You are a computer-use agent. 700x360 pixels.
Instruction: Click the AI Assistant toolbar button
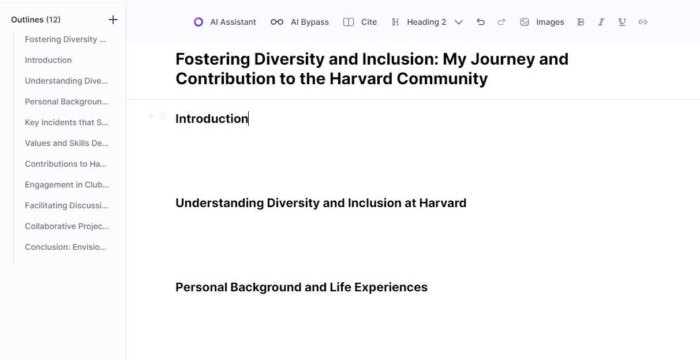[x=224, y=22]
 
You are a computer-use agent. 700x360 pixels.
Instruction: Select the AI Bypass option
[x=300, y=22]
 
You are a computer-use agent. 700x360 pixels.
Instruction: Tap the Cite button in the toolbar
[x=360, y=22]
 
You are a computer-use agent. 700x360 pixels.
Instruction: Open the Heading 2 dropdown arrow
[x=458, y=22]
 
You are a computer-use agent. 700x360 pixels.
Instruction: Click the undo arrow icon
[x=481, y=22]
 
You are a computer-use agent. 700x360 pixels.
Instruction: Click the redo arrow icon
[x=501, y=22]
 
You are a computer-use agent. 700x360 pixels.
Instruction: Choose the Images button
[x=542, y=22]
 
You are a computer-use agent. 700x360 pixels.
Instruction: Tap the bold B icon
[x=581, y=22]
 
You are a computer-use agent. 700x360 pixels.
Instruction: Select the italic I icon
[x=601, y=22]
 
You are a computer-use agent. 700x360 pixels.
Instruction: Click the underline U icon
[x=622, y=22]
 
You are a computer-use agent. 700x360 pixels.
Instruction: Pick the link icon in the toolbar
[x=642, y=22]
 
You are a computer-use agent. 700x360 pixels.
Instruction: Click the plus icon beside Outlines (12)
[x=113, y=20]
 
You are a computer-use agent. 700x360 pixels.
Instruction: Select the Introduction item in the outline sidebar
[x=48, y=60]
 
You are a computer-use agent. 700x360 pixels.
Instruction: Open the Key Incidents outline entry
[x=66, y=122]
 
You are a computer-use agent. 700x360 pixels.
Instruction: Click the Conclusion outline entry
[x=66, y=247]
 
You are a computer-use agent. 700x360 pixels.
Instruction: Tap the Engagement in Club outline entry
[x=67, y=185]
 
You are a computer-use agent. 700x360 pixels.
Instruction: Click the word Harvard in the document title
[x=361, y=78]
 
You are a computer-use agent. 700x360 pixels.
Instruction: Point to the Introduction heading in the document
[x=212, y=119]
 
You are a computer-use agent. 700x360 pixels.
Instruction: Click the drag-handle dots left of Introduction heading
[x=163, y=117]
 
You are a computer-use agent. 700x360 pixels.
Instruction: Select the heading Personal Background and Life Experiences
[x=301, y=287]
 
